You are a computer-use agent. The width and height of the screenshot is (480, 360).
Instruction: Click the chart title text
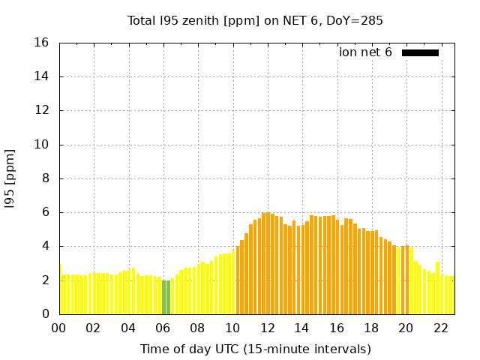(x=255, y=20)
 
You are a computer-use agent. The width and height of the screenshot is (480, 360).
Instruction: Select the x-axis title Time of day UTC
(x=255, y=349)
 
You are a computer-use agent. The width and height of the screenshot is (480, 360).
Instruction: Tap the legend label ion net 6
(x=365, y=52)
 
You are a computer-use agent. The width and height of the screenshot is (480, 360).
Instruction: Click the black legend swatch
(x=420, y=52)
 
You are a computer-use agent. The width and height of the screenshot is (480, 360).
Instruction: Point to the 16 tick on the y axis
(x=42, y=43)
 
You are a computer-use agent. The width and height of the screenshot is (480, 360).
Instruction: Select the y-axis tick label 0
(x=46, y=314)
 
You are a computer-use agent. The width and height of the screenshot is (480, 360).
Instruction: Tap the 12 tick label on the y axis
(x=42, y=110)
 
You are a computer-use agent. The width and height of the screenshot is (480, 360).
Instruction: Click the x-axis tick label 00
(x=58, y=328)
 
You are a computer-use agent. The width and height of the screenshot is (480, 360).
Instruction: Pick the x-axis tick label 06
(x=163, y=328)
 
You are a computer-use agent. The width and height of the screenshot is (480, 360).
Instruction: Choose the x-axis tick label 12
(x=267, y=328)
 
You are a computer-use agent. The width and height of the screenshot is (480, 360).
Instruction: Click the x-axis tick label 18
(x=371, y=328)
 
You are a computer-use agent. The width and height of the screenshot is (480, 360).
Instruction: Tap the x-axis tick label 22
(x=440, y=328)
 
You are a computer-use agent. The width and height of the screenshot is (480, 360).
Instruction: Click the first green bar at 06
(x=163, y=297)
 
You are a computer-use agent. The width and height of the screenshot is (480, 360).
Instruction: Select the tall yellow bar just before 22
(x=437, y=288)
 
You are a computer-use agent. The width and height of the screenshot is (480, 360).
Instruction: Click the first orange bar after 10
(x=238, y=280)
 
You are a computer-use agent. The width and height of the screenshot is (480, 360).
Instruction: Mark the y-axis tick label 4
(x=46, y=246)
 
